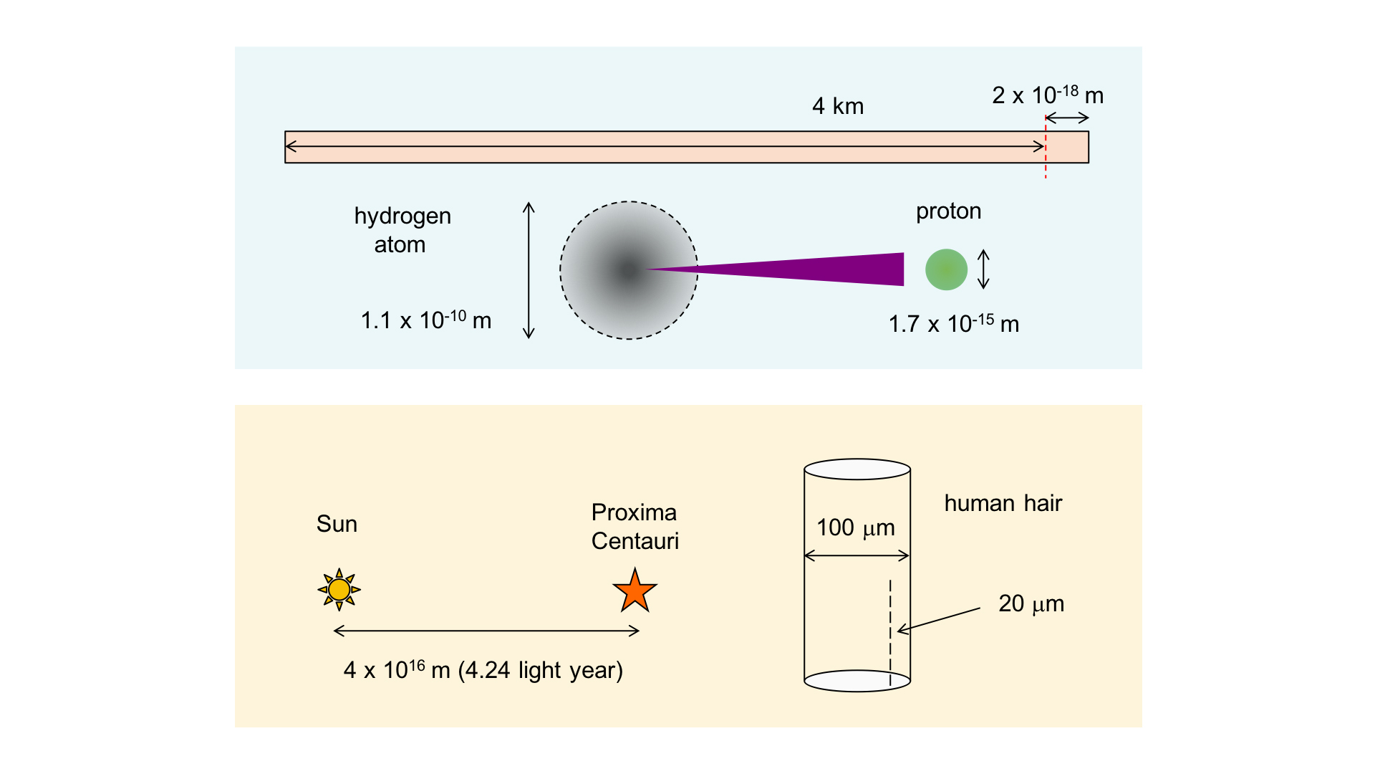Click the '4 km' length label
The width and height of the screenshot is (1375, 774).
click(x=838, y=107)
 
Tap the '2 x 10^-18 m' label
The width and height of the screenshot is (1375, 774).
click(x=1047, y=95)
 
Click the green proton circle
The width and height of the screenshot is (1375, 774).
click(x=946, y=269)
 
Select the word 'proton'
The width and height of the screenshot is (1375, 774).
click(x=948, y=211)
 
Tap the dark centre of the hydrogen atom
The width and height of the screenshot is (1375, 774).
click(x=628, y=270)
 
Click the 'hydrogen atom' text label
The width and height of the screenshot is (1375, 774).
click(x=402, y=230)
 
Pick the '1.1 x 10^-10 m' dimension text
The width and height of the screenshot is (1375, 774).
click(x=425, y=320)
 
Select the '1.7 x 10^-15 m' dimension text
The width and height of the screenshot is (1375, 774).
click(x=953, y=324)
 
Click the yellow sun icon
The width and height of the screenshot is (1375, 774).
click(x=339, y=590)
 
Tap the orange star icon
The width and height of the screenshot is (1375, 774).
click(x=635, y=591)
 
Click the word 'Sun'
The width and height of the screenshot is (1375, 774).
click(x=337, y=524)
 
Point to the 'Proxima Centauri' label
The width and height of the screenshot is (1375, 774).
click(x=635, y=527)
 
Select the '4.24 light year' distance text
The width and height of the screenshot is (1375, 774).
click(x=541, y=670)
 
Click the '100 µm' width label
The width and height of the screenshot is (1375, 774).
click(x=856, y=527)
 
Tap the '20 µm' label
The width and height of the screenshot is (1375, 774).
click(x=1031, y=603)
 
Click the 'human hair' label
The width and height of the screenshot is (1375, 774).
click(x=1003, y=503)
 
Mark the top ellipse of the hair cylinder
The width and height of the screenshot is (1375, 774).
click(x=857, y=469)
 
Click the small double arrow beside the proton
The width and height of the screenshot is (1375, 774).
click(x=983, y=269)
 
